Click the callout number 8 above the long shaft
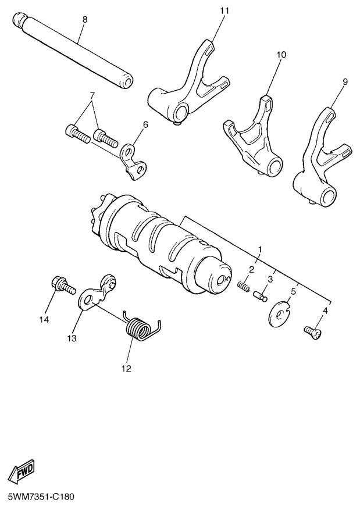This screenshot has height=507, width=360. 85,19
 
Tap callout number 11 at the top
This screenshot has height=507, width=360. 224,10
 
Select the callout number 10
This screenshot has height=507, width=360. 281,55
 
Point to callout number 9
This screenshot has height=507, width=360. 345,82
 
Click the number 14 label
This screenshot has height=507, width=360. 44,320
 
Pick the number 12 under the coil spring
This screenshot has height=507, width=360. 126,368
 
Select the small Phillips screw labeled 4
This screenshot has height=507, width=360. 312,333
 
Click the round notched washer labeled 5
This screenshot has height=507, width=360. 279,312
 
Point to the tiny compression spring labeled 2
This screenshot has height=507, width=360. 243,287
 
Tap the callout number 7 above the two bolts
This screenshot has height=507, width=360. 92,95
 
